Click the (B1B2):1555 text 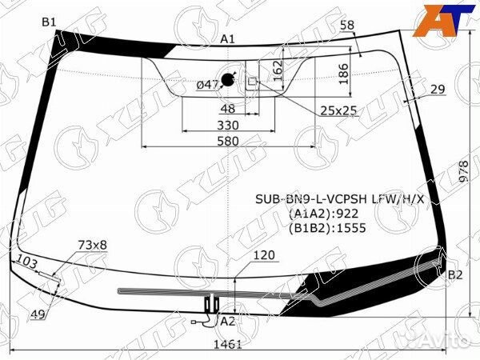pos(327,227)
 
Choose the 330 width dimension pos(228,125)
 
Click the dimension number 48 pos(227,109)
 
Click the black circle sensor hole pos(228,78)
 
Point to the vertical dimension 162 pos(276,70)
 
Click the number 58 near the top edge pos(346,26)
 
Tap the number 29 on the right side pos(437,89)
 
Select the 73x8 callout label pos(92,244)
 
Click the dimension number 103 pos(26,262)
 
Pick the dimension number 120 pos(263,256)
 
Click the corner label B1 pos(50,22)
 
